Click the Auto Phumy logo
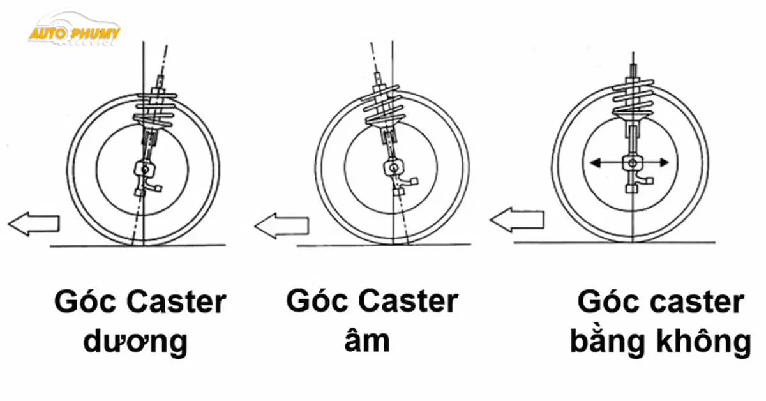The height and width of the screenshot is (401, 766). (75, 30)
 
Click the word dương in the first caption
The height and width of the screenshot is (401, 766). (135, 342)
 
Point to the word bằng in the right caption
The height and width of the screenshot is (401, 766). (607, 341)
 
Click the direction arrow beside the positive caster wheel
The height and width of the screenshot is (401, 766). (33, 224)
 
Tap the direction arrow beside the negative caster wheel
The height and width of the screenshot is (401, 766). (282, 225)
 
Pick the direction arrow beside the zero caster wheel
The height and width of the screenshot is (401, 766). (516, 220)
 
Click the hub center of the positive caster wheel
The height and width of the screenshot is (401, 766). (146, 169)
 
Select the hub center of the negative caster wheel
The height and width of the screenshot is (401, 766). (394, 168)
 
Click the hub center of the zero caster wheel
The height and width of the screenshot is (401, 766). (633, 163)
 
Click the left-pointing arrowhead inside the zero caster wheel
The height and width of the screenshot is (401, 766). (596, 163)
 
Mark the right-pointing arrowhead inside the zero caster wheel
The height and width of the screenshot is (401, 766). (664, 163)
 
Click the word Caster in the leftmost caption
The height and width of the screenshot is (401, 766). (176, 302)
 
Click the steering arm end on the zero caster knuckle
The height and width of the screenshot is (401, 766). (650, 181)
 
